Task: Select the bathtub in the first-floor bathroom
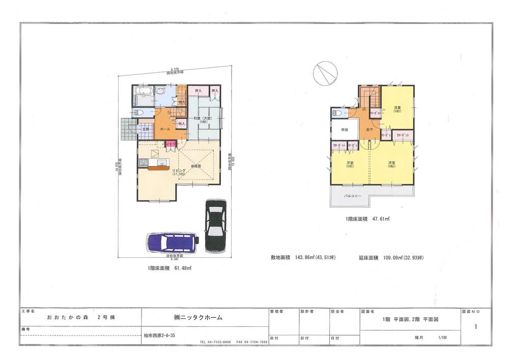pos(143,94)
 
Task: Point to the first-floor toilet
pos(139,113)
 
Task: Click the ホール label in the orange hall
pos(165,129)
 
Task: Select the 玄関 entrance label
pos(145,128)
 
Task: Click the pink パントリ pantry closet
pos(169,144)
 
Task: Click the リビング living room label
pos(179,170)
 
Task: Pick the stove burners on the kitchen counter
pos(143,163)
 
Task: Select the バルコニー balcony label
pos(352,195)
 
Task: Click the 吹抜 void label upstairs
pos(344,130)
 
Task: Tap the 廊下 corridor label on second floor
pos(370,130)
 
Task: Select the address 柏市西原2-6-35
pos(159,336)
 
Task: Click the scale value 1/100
pos(441,337)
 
